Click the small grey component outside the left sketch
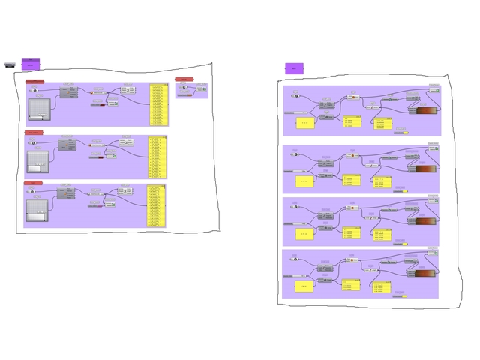[10, 64]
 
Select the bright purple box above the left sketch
[31, 63]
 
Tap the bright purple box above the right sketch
[294, 68]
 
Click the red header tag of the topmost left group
[34, 81]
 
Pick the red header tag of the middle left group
[34, 133]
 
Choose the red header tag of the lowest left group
[33, 182]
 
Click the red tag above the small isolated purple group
[184, 79]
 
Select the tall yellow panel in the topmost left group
[159, 104]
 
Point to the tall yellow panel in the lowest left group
[155, 205]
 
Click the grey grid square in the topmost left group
[38, 109]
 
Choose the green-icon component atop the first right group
[353, 97]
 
